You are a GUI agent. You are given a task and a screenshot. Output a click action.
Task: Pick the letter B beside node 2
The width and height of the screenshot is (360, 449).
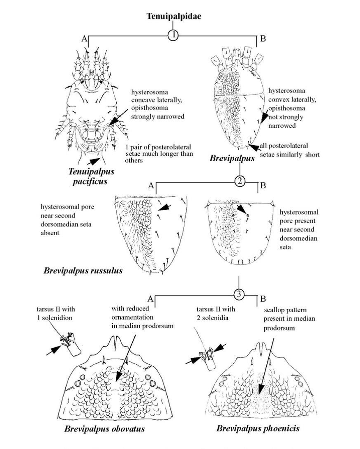[263, 185]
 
